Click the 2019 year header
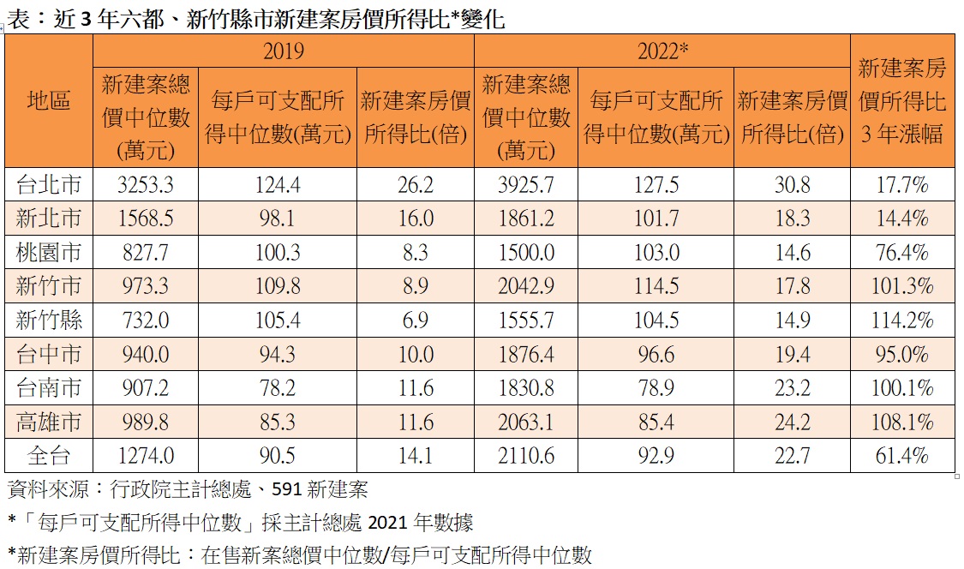(x=283, y=51)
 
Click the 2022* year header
(x=662, y=51)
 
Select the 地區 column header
(x=49, y=101)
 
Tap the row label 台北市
(x=49, y=184)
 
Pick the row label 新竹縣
(x=49, y=320)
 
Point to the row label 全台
(x=49, y=456)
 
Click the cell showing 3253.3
(x=146, y=184)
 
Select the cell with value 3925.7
(x=526, y=184)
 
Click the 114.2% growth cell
(x=902, y=320)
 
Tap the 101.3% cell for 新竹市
(x=902, y=286)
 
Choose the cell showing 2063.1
(x=526, y=422)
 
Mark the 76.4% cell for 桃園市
(x=902, y=253)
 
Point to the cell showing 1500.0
(x=526, y=253)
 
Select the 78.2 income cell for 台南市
(x=278, y=388)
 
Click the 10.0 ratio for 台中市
(x=416, y=354)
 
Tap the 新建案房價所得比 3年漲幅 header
(x=902, y=101)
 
